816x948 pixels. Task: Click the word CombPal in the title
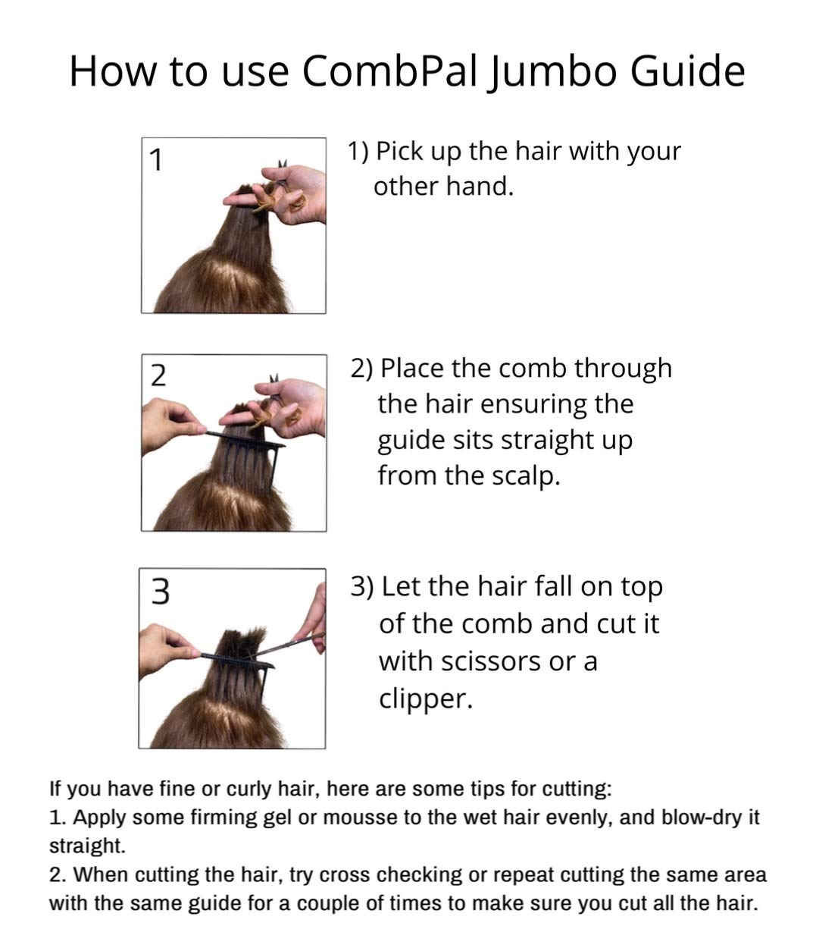389,71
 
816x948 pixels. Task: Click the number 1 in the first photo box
156,161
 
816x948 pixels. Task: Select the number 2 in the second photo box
158,375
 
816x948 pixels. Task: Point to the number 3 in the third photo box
160,592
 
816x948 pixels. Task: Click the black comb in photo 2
246,440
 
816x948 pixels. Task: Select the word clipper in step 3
425,698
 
